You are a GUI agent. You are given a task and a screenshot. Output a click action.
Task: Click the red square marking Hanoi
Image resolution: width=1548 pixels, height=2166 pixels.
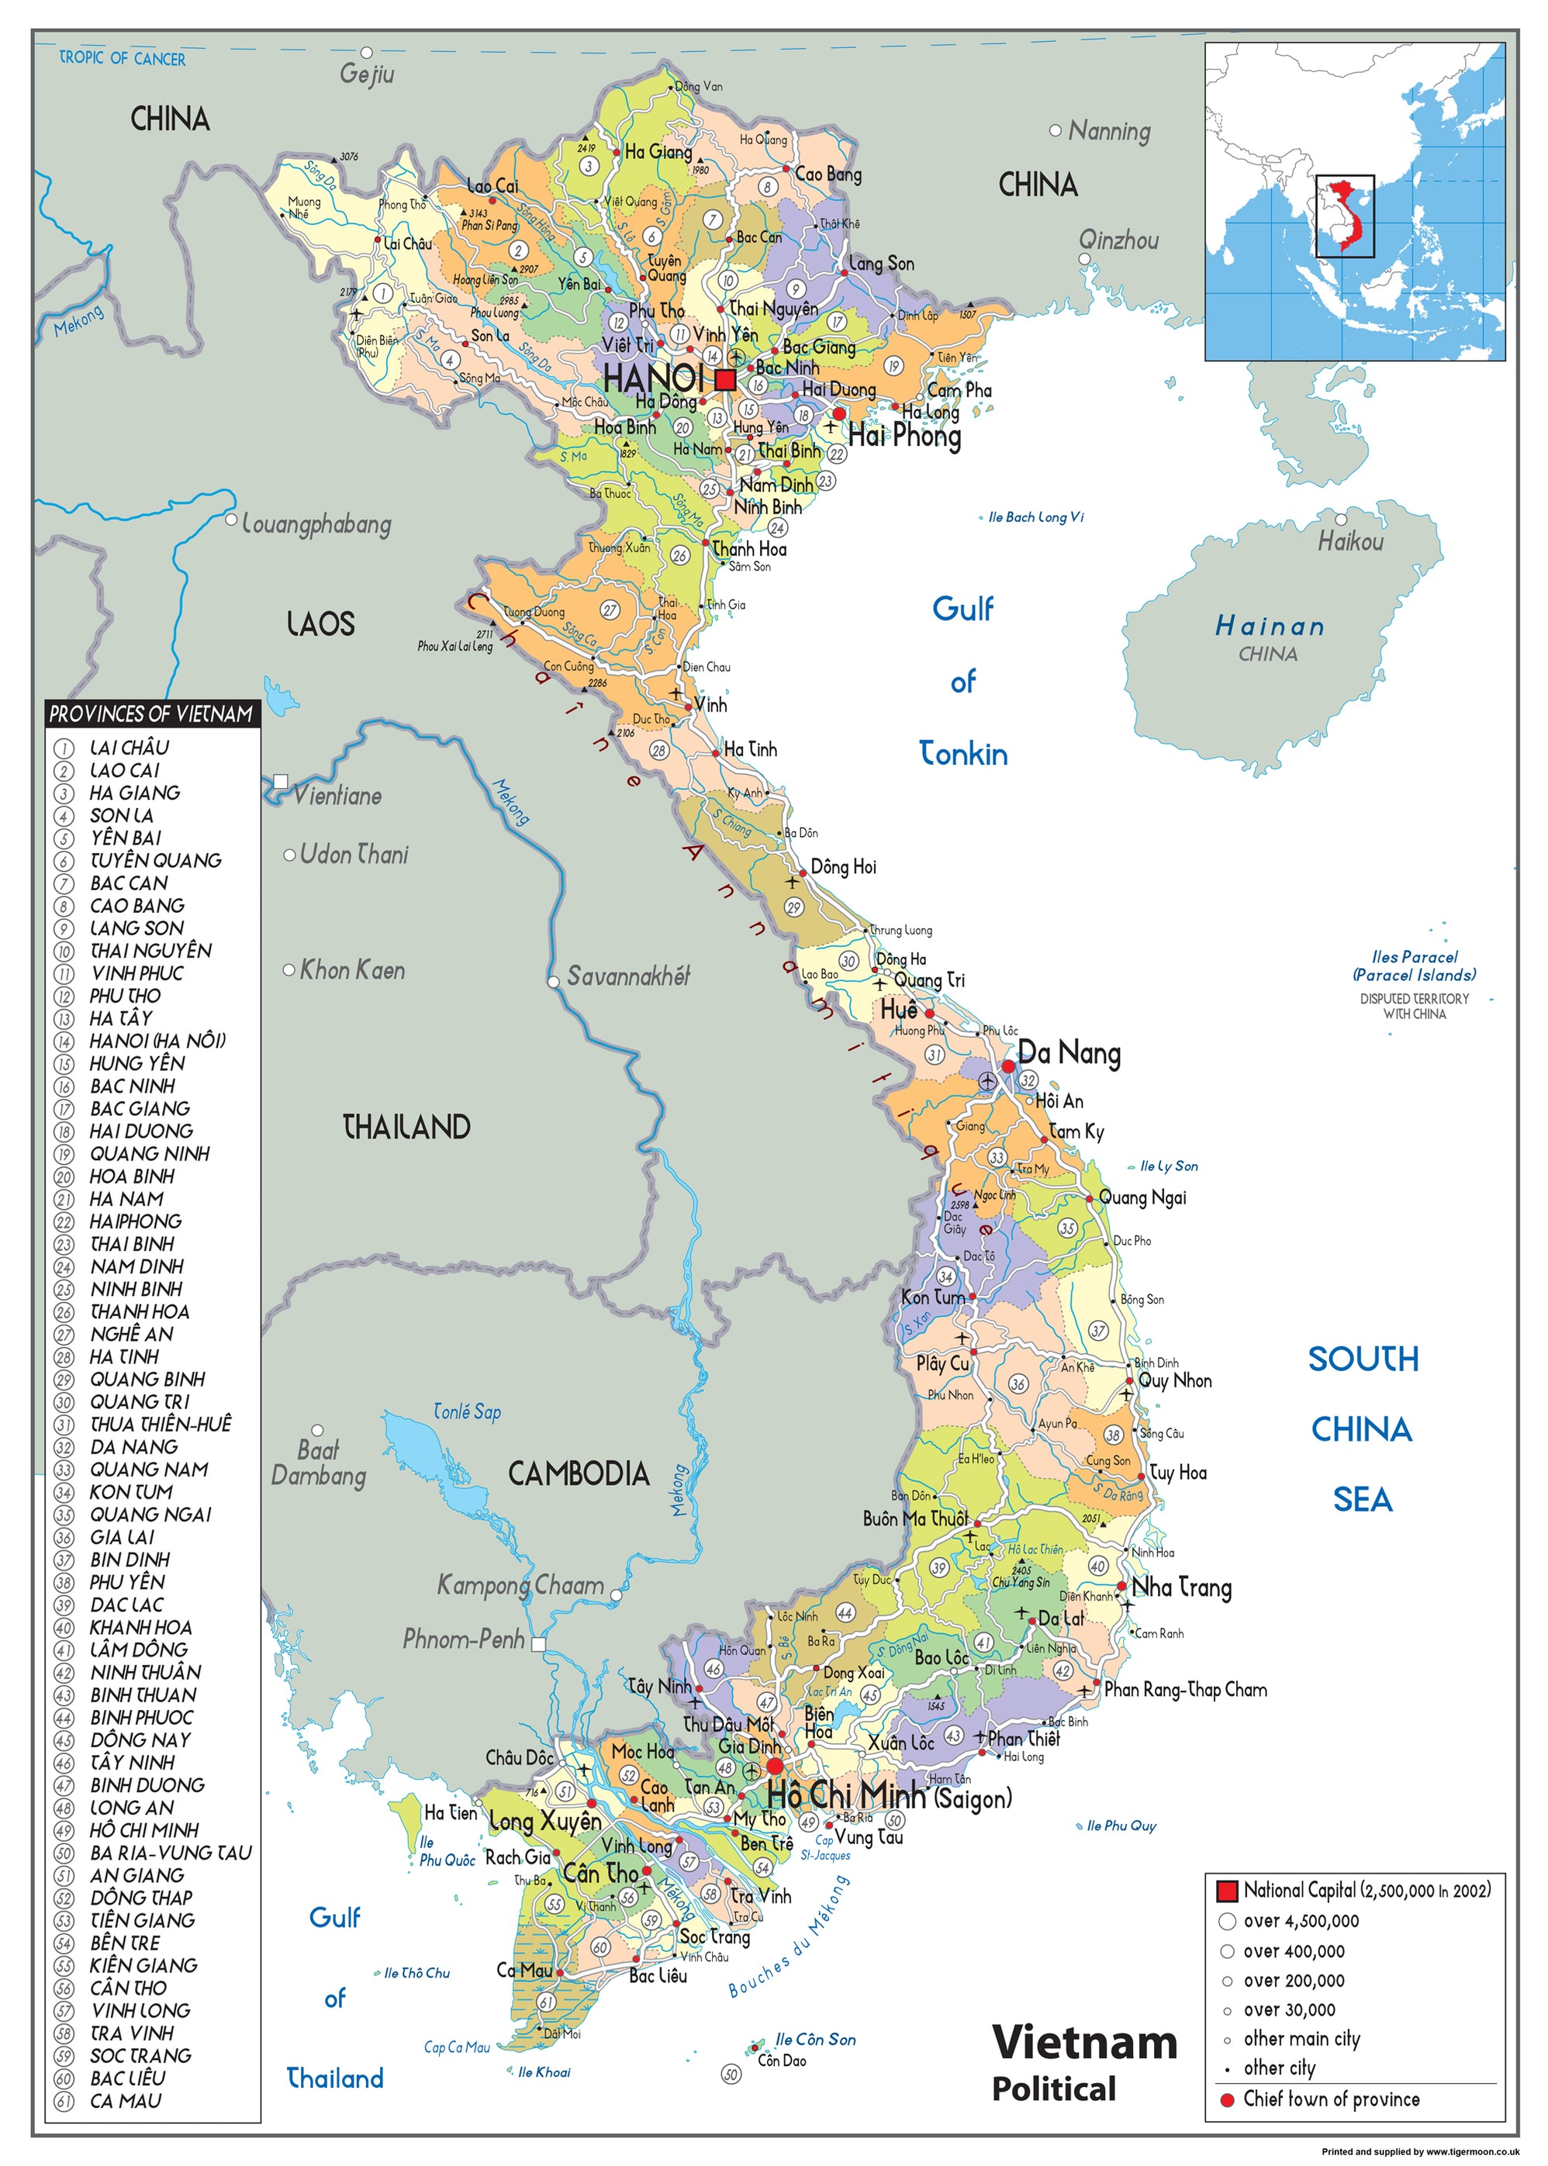pyautogui.click(x=725, y=380)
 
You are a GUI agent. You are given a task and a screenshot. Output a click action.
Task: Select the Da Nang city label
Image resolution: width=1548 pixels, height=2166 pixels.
pyautogui.click(x=1069, y=1053)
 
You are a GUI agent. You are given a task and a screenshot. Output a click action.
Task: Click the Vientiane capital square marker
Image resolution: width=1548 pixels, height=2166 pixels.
pyautogui.click(x=280, y=782)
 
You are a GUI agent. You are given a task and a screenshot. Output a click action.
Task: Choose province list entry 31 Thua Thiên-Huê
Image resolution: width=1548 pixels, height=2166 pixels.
pyautogui.click(x=160, y=1425)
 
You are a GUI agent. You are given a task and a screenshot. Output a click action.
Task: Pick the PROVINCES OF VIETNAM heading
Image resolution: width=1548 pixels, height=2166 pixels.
pyautogui.click(x=151, y=713)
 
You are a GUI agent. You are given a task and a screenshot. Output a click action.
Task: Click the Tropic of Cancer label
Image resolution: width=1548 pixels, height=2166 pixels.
pyautogui.click(x=123, y=58)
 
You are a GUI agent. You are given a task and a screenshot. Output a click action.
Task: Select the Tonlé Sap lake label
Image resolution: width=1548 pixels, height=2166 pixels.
pyautogui.click(x=467, y=1411)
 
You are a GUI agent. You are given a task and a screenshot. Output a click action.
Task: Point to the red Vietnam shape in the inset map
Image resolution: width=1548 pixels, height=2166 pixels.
pyautogui.click(x=1348, y=214)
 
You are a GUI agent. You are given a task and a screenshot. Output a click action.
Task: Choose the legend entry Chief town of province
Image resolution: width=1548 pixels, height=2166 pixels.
pyautogui.click(x=1331, y=2099)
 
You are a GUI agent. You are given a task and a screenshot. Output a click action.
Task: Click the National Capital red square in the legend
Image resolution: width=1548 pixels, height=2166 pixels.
pyautogui.click(x=1227, y=1891)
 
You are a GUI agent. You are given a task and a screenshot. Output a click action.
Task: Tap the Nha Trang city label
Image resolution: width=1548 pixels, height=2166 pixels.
pyautogui.click(x=1181, y=1587)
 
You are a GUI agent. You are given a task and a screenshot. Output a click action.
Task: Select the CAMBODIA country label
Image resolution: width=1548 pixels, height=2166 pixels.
pyautogui.click(x=578, y=1474)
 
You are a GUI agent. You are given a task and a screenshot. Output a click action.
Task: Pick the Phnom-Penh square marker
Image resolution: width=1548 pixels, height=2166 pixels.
pyautogui.click(x=538, y=1644)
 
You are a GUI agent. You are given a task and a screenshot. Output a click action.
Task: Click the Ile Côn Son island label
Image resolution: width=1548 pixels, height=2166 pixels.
pyautogui.click(x=815, y=2040)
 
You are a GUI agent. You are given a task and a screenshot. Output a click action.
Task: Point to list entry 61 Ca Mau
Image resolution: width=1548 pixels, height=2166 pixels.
pyautogui.click(x=125, y=2101)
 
